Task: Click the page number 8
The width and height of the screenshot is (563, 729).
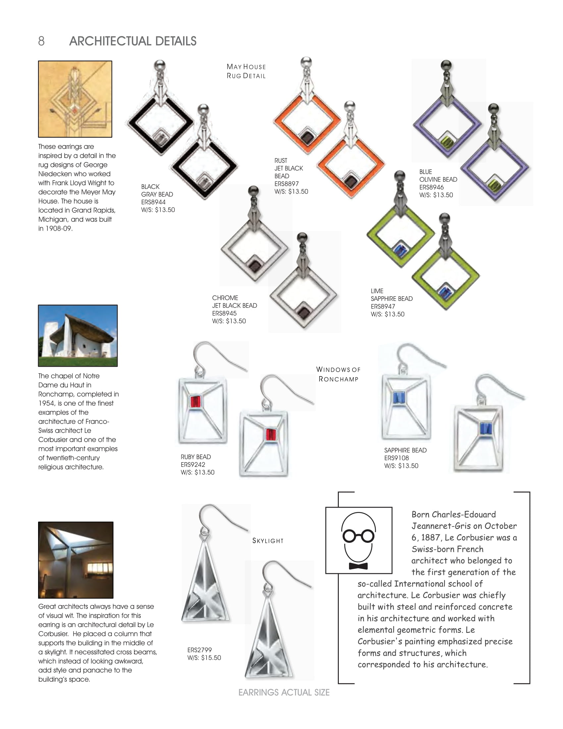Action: tap(41, 41)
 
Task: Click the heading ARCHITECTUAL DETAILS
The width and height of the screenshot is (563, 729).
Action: tap(133, 41)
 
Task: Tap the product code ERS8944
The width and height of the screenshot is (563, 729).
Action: tap(153, 202)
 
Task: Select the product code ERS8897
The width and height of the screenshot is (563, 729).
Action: tap(286, 184)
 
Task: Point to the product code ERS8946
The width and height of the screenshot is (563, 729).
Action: tap(431, 187)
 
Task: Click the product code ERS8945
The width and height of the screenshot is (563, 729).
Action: tap(224, 313)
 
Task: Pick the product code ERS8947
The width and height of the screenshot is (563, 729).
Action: tap(383, 306)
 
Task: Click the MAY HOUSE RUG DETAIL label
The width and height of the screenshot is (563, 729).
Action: tap(246, 71)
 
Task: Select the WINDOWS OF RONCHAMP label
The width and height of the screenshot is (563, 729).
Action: tap(338, 374)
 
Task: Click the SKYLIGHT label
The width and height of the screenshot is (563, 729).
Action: tap(268, 541)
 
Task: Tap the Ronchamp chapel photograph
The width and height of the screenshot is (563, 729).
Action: tap(78, 335)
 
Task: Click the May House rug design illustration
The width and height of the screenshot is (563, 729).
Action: tap(75, 99)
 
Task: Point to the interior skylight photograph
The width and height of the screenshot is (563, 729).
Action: tap(76, 560)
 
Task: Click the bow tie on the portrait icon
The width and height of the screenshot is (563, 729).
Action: tap(358, 566)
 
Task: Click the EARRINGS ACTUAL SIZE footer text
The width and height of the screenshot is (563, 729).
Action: tap(284, 692)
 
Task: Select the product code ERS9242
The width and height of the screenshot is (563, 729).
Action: tap(193, 464)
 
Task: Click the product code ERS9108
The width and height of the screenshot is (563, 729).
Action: tap(396, 458)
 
